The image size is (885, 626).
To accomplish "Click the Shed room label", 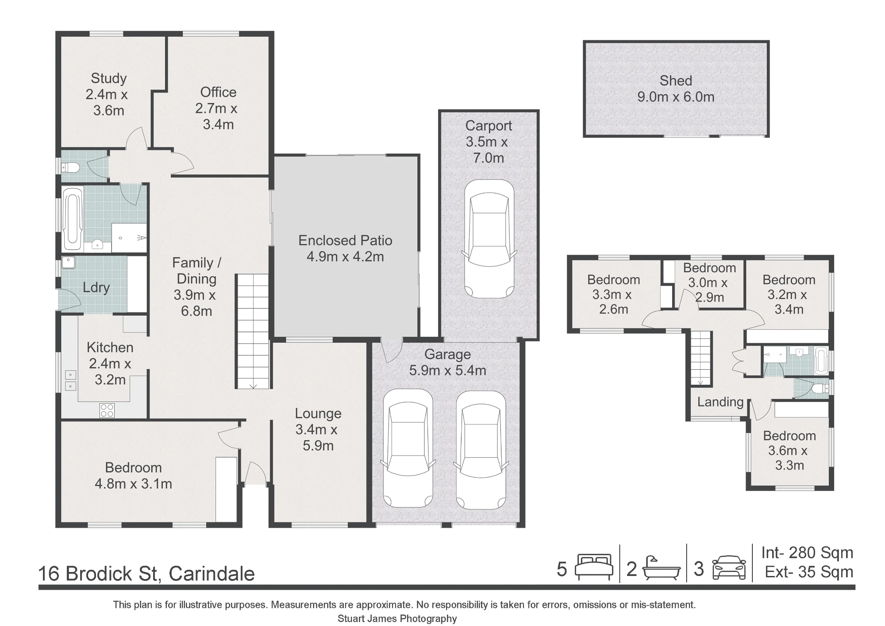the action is tap(676, 81).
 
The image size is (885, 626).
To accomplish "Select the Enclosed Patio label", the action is tap(345, 240).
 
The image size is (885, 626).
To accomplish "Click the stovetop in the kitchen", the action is tap(107, 410).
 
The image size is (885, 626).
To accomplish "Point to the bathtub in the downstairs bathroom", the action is tap(73, 219).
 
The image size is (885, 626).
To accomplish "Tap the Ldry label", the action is tap(96, 287).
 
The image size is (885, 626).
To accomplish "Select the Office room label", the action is tap(218, 92).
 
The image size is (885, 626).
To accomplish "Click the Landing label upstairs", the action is tap(720, 402).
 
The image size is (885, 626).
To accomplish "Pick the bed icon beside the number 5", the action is tap(594, 567).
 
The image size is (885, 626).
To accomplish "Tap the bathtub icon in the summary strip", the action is tap(661, 568).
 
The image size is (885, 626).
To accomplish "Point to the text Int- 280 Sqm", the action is tap(807, 553).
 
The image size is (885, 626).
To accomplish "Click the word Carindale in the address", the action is tap(212, 574).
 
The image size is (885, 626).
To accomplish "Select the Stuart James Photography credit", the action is tap(397, 618).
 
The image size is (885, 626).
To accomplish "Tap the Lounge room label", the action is tap(318, 413).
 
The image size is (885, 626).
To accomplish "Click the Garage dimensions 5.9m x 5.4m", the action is tap(447, 370).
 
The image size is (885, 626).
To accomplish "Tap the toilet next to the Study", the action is tap(70, 167).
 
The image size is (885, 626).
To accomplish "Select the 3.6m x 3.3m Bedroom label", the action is tap(789, 458).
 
